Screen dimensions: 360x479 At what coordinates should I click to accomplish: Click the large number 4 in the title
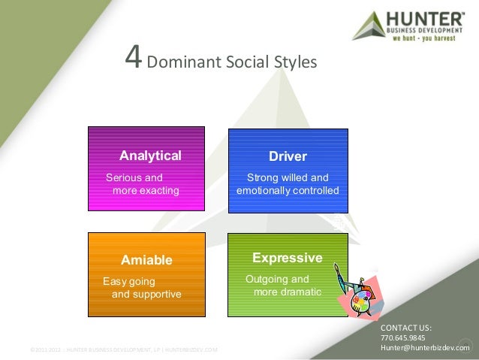point(133,57)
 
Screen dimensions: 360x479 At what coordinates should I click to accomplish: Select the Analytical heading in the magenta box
point(151,156)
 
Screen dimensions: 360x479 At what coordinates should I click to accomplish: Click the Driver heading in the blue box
point(288,156)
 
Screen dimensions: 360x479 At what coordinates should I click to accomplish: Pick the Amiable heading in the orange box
point(147,260)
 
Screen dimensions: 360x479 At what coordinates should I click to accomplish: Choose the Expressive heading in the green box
point(288,258)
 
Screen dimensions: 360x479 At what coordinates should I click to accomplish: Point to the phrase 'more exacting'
point(146,190)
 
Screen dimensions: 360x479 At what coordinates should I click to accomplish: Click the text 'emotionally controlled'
point(288,190)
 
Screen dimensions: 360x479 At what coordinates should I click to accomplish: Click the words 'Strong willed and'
point(288,178)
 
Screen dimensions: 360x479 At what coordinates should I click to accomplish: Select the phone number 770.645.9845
point(403,338)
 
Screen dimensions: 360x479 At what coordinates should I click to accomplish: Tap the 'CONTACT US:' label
point(406,328)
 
